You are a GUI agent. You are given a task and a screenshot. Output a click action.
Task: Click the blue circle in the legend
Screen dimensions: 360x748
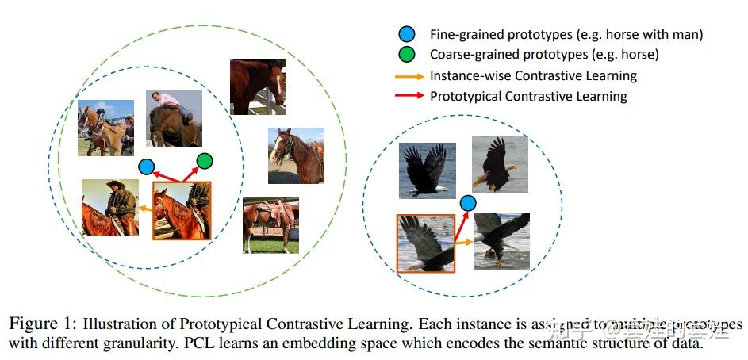pyautogui.click(x=407, y=34)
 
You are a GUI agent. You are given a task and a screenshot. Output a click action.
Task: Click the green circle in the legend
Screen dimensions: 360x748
pyautogui.click(x=407, y=55)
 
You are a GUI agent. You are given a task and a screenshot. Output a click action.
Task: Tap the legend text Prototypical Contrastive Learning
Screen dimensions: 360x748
pyautogui.click(x=528, y=97)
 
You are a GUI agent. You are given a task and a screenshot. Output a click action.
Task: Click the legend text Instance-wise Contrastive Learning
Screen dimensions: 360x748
pyautogui.click(x=533, y=76)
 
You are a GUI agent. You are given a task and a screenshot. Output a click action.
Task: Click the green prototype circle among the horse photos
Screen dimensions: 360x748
pyautogui.click(x=204, y=161)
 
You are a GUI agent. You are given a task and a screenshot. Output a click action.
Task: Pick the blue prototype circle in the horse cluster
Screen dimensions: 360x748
pyautogui.click(x=146, y=167)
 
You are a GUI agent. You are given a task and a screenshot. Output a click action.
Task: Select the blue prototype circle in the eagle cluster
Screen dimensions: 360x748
pyautogui.click(x=468, y=203)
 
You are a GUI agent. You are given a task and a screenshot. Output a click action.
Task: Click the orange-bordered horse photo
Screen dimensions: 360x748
pyautogui.click(x=182, y=210)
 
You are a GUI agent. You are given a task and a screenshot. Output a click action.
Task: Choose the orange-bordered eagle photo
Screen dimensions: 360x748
pyautogui.click(x=425, y=243)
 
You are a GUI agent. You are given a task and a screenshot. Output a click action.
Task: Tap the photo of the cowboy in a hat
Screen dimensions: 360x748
pyautogui.click(x=109, y=207)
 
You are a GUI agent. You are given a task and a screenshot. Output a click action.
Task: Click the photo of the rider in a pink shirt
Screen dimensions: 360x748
pyautogui.click(x=174, y=118)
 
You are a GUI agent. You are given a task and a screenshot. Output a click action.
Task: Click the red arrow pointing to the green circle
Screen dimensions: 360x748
pyautogui.click(x=190, y=174)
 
